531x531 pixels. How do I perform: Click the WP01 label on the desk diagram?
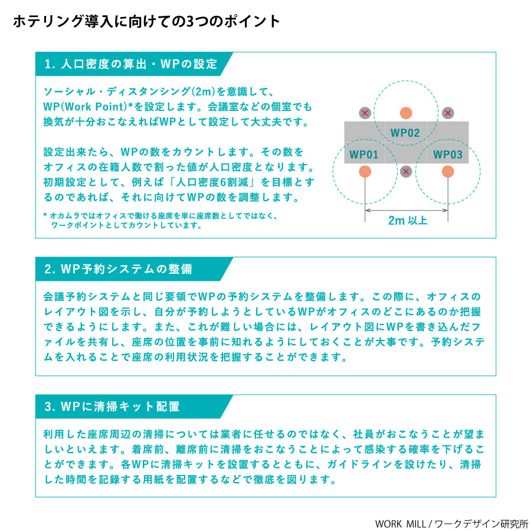coord(363,155)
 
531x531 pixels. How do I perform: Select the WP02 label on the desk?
coord(405,133)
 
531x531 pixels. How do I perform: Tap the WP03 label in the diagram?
coord(448,155)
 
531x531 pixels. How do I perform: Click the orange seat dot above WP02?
coord(406,113)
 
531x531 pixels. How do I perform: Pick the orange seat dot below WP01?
coord(365,171)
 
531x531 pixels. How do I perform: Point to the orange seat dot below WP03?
coord(448,171)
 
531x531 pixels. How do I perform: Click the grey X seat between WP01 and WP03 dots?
coord(406,171)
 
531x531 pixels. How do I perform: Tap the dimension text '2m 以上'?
coord(407,221)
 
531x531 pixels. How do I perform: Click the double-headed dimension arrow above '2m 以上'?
coord(407,210)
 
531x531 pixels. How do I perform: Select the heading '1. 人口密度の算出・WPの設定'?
coord(131,64)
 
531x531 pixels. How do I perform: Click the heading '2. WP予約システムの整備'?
coord(118,269)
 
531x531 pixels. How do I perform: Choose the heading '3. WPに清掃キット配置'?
coord(112,407)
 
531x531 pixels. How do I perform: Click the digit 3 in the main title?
coord(191,22)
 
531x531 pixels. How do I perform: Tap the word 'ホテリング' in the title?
coord(48,21)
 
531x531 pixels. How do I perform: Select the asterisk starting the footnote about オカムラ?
coord(45,215)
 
